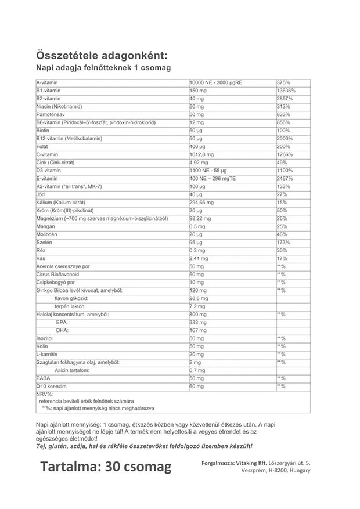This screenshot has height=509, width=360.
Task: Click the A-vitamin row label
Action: point(47,83)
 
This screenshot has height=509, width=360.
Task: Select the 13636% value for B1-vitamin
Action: point(287,91)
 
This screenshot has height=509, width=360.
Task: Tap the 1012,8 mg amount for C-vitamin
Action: point(202,155)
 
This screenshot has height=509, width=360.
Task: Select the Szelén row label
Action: point(44,243)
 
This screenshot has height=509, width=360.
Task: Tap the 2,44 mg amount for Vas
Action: point(200,258)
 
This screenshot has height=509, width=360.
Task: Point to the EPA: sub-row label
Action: point(62,322)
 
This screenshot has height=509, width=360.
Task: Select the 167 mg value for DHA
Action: point(198,330)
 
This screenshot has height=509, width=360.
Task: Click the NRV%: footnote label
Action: point(44,394)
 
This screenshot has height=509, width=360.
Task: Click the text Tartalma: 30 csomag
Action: point(106,467)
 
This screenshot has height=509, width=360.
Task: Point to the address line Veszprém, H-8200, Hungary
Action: point(275,471)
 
